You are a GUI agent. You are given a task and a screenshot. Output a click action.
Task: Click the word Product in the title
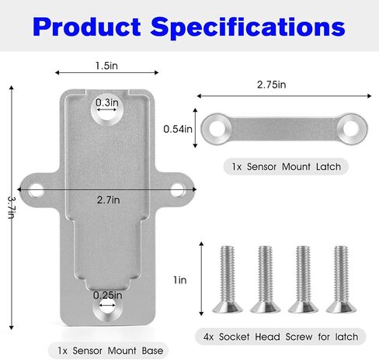pos(87,26)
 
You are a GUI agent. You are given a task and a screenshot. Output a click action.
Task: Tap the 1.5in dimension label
pos(106,66)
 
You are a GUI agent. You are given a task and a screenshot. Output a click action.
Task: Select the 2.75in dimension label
pos(271,85)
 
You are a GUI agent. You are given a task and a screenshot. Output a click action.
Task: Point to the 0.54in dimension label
pos(178,129)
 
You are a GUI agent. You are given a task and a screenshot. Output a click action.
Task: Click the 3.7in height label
pos(12,207)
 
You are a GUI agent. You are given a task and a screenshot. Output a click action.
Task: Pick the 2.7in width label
pos(109,200)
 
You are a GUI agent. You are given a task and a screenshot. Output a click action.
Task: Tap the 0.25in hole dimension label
pos(107,295)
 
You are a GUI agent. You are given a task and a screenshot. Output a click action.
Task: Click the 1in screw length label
pos(180,280)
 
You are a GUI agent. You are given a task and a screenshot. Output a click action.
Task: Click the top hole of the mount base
pos(106,109)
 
